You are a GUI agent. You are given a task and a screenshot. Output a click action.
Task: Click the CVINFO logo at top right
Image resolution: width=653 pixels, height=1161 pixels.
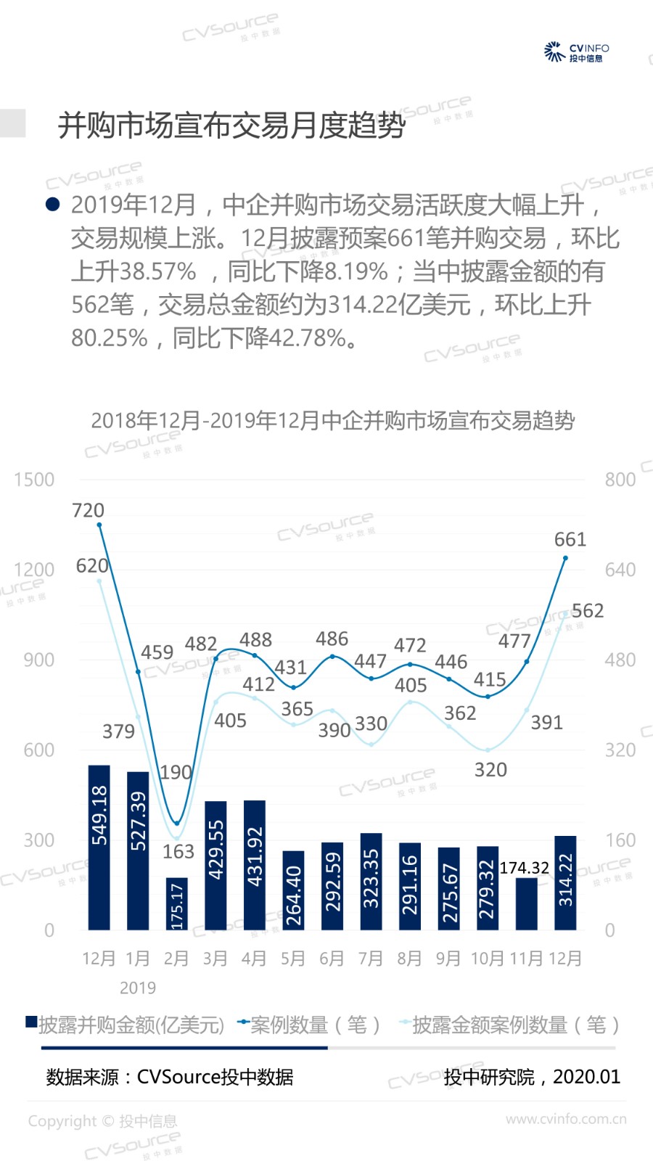pos(576,52)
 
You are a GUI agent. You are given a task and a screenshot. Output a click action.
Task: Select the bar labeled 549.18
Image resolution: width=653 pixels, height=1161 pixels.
pos(99,847)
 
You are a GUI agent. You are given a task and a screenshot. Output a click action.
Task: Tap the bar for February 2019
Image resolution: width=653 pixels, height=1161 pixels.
pos(176,903)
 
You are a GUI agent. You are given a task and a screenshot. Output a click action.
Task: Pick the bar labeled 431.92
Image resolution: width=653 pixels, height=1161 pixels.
pos(255,864)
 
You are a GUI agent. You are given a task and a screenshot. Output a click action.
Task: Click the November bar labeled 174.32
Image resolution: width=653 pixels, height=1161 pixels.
pos(527,903)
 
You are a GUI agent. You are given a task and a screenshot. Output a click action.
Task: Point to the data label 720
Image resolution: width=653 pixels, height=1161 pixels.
pos(88,510)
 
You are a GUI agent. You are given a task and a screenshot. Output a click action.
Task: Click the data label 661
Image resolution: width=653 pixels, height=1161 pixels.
pos(570,539)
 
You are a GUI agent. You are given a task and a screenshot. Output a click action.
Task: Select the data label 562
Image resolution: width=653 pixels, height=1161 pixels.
pos(588,610)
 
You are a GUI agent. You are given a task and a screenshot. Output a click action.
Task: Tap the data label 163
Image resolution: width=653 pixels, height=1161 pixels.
pos(178,851)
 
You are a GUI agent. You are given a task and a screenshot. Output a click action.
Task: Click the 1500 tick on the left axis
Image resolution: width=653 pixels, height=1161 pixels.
pos(34,480)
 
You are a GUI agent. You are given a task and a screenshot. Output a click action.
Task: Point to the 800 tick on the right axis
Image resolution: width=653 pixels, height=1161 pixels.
pos(620,480)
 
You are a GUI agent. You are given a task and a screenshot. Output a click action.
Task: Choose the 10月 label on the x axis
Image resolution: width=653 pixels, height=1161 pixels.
pos(487,959)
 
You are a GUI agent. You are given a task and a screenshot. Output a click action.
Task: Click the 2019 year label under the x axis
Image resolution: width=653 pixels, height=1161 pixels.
pos(138,988)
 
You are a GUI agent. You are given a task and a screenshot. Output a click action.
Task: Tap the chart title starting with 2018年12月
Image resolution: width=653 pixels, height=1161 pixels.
pos(332,420)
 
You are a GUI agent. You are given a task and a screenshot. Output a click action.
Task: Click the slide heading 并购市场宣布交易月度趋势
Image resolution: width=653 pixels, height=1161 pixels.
pos(231,126)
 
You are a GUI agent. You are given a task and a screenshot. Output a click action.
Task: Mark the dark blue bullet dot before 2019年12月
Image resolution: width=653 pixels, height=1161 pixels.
pos(52,204)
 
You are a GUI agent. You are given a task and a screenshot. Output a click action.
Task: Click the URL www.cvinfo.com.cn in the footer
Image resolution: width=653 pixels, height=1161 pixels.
pos(566,1119)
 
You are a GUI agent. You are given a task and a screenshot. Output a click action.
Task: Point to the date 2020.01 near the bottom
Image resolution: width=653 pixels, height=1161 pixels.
pos(586,1077)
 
